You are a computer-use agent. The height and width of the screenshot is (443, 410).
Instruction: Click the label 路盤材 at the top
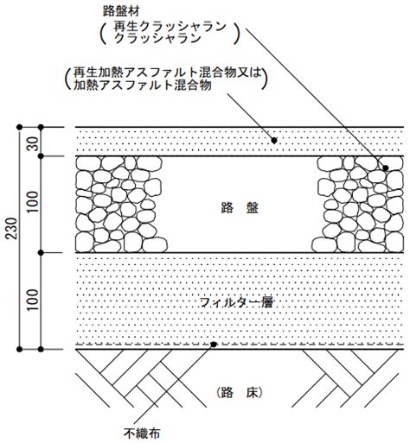click(x=121, y=12)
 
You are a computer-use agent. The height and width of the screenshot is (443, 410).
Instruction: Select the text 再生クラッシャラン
click(x=170, y=27)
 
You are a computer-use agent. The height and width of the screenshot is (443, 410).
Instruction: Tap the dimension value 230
click(x=12, y=229)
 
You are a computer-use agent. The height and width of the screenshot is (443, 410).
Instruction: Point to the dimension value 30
click(x=34, y=143)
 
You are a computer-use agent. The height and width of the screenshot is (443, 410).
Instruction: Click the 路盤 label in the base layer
click(x=240, y=207)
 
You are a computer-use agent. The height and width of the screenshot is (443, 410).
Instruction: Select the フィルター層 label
click(x=236, y=302)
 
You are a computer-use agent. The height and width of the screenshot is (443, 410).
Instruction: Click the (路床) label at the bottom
click(x=239, y=392)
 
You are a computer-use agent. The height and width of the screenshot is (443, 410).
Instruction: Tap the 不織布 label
click(x=142, y=434)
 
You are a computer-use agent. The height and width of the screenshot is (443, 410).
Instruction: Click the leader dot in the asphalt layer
click(x=274, y=141)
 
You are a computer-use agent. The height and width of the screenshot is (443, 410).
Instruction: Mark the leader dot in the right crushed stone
click(x=386, y=168)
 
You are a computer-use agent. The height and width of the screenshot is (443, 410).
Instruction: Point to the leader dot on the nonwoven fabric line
click(x=214, y=345)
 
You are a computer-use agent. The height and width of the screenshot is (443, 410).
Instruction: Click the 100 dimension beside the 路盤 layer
click(x=34, y=202)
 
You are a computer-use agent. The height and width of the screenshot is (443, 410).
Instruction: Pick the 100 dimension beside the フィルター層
click(x=34, y=300)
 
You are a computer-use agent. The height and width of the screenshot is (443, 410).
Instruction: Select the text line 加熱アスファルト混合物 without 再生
click(x=143, y=85)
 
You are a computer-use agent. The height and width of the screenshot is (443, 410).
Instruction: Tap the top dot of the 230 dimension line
click(x=19, y=127)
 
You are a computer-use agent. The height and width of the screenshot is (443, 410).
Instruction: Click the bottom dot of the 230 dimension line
click(x=19, y=350)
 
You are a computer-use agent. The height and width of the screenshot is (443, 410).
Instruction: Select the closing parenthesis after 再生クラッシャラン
click(x=236, y=34)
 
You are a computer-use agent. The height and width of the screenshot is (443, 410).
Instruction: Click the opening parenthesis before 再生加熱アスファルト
click(x=67, y=79)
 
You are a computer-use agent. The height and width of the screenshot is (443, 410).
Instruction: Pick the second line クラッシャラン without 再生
click(x=157, y=38)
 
